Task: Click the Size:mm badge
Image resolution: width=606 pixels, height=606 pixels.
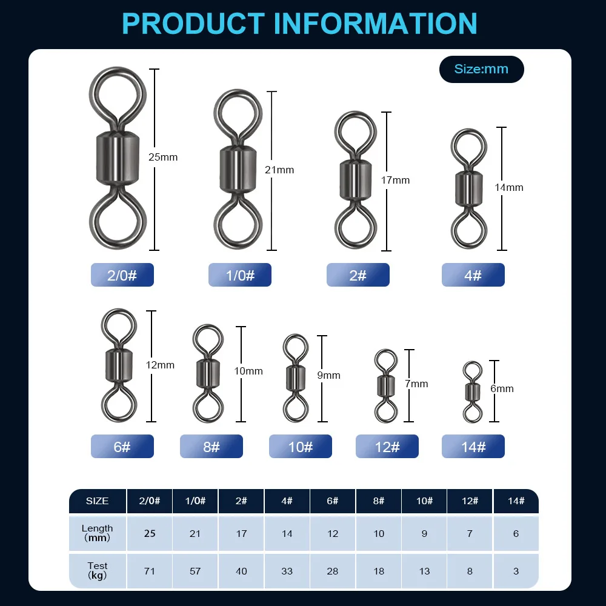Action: [x=482, y=69]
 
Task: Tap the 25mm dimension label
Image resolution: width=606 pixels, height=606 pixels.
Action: [x=163, y=157]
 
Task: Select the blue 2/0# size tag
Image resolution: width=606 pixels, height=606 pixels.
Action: [x=122, y=275]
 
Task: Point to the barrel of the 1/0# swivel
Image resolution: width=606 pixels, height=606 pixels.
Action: [x=238, y=169]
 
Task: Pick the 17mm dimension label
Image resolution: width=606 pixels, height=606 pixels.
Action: [x=395, y=180]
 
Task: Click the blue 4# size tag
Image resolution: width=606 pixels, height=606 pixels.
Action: [x=473, y=275]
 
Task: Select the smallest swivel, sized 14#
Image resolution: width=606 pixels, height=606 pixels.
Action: [x=473, y=391]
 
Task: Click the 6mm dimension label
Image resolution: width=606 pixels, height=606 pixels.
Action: [x=502, y=388]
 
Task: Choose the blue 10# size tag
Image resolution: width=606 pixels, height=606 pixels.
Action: [x=301, y=447]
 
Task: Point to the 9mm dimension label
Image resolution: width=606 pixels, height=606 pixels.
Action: [x=329, y=375]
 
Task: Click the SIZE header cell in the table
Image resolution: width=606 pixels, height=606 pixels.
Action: [x=98, y=501]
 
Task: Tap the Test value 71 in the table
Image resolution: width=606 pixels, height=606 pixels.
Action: [x=150, y=571]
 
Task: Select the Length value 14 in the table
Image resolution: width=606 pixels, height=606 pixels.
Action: [x=287, y=533]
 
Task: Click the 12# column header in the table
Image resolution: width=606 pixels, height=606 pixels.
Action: [x=470, y=501]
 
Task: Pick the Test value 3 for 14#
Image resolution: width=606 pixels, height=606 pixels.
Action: [x=516, y=571]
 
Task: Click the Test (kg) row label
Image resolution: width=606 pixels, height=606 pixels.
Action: [x=98, y=570]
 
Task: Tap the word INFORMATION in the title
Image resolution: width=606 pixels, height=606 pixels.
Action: [x=376, y=24]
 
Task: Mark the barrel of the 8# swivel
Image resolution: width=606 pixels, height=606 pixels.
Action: [x=208, y=373]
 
